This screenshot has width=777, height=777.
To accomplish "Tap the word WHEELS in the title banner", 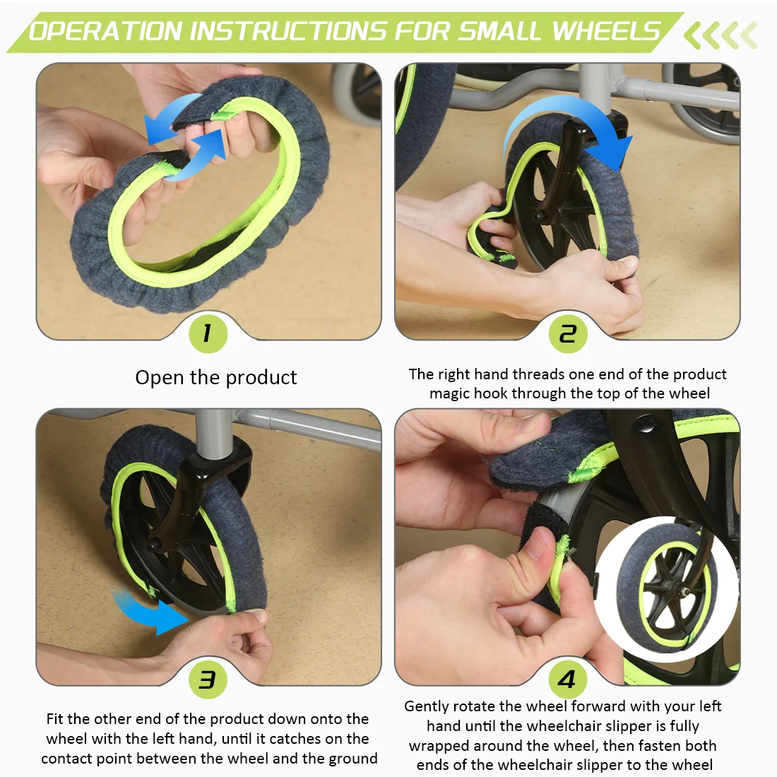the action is click(606, 30).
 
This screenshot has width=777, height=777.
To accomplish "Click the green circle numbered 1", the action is click(208, 333).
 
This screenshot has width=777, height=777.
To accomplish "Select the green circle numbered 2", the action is click(568, 333).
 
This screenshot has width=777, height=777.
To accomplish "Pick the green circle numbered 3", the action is click(208, 679).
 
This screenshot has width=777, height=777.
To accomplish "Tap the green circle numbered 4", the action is click(568, 679).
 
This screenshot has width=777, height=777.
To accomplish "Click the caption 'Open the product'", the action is click(216, 378).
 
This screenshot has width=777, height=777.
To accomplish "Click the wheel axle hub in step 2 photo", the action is click(537, 217).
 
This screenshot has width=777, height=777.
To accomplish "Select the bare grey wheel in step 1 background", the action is click(357, 94).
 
